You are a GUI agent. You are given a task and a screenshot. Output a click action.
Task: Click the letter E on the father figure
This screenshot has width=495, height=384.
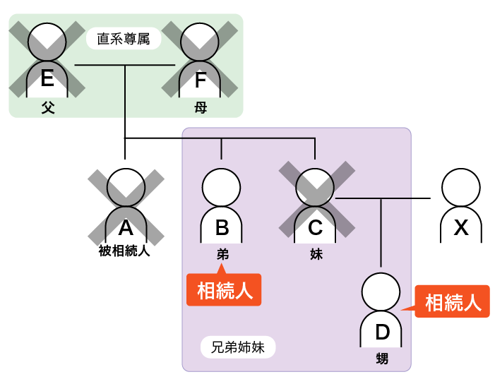[47, 78]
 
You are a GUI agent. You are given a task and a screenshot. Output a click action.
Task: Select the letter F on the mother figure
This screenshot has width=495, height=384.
[200, 80]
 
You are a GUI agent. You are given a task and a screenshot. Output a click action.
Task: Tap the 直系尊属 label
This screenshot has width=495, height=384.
[124, 39]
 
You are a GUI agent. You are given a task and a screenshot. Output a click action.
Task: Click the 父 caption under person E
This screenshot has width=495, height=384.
[47, 108]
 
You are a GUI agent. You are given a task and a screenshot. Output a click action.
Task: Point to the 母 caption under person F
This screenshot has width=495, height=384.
[201, 108]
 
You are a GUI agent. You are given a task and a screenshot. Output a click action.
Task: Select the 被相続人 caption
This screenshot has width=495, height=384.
[125, 250]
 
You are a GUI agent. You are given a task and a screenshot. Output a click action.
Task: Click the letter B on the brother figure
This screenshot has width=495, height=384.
[222, 227]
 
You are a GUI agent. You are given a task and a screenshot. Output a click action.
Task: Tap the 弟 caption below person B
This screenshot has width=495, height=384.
[222, 253]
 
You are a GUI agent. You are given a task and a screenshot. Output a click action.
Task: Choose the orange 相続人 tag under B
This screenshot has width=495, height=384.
[224, 290]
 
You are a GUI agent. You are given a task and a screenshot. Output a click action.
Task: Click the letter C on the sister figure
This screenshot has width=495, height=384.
[315, 227]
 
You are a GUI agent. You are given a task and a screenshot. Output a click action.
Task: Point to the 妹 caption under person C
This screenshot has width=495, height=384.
[316, 253]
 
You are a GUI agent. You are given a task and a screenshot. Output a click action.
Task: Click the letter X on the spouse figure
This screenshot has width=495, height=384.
[461, 227]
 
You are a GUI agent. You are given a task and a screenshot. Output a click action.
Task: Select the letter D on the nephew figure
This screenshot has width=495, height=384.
[381, 332]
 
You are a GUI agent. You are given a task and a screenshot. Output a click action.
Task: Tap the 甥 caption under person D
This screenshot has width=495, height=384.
[382, 359]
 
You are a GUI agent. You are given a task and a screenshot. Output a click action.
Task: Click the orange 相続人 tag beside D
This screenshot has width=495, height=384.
[453, 302]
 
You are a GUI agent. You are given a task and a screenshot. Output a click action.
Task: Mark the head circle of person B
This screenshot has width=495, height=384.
[222, 188]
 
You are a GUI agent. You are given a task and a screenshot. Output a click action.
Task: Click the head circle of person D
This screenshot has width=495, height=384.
[381, 293]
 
